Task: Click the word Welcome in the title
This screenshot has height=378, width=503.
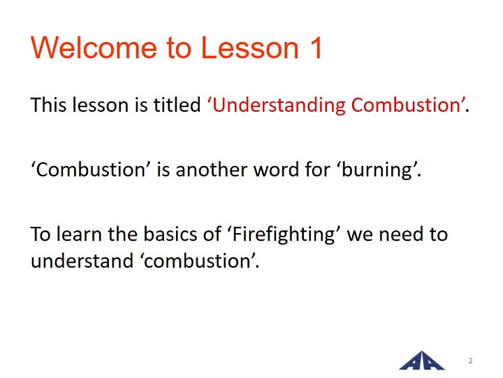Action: [x=94, y=48]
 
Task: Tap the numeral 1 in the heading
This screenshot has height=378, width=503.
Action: [x=315, y=48]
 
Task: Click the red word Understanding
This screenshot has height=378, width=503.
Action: [x=279, y=105]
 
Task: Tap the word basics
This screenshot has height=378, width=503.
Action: [x=170, y=234]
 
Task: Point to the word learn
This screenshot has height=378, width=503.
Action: [x=79, y=234]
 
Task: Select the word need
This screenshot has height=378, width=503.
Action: [x=401, y=234]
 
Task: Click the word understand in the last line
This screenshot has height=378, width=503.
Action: [x=82, y=260]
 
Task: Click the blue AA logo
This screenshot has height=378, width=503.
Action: [x=422, y=360]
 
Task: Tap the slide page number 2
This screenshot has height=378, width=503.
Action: [x=470, y=360]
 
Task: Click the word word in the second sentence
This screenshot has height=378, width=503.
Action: [x=277, y=169]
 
